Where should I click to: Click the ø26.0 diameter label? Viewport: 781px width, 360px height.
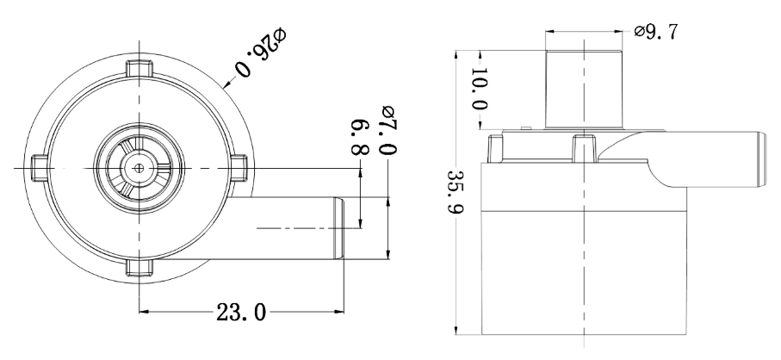coord(261,53)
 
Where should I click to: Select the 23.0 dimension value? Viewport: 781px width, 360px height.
coord(241,313)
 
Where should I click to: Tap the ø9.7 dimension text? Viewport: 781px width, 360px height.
coord(655,32)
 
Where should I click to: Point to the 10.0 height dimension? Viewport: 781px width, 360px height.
coord(479,89)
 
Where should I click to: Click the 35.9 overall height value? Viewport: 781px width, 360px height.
coord(456,192)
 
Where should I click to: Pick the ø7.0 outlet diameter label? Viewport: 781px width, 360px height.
coord(388,130)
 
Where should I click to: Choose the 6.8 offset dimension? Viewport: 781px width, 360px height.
coord(360,136)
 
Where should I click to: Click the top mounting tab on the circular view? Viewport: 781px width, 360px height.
coord(139,69)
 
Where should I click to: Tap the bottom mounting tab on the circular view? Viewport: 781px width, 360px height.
coord(139,267)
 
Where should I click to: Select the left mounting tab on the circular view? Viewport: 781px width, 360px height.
coord(40,168)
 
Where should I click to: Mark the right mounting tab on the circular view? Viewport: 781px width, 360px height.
coord(239,168)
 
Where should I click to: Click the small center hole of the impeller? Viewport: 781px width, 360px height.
coord(139,168)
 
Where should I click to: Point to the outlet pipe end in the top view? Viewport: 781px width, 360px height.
coord(338,228)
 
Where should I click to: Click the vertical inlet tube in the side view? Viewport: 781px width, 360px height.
coord(584,90)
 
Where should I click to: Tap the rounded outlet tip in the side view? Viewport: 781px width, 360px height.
coord(761,159)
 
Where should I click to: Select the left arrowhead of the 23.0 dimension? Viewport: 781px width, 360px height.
coord(144,312)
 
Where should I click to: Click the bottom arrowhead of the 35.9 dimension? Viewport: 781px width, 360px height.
coord(456,330)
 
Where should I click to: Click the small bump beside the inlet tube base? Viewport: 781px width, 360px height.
coord(526,128)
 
